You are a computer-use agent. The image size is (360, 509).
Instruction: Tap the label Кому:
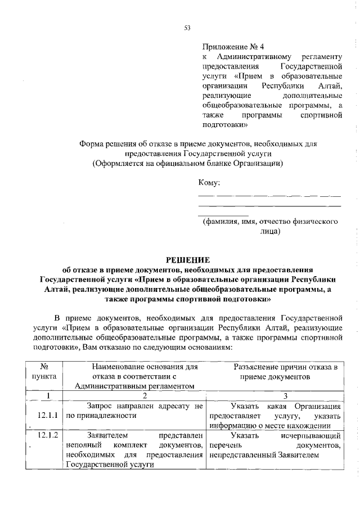pos(209,182)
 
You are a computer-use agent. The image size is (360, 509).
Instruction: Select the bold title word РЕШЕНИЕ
pos(187,260)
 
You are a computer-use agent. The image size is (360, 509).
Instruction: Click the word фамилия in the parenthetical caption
pos(224,222)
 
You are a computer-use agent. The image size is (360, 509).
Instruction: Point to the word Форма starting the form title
pos(91,143)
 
